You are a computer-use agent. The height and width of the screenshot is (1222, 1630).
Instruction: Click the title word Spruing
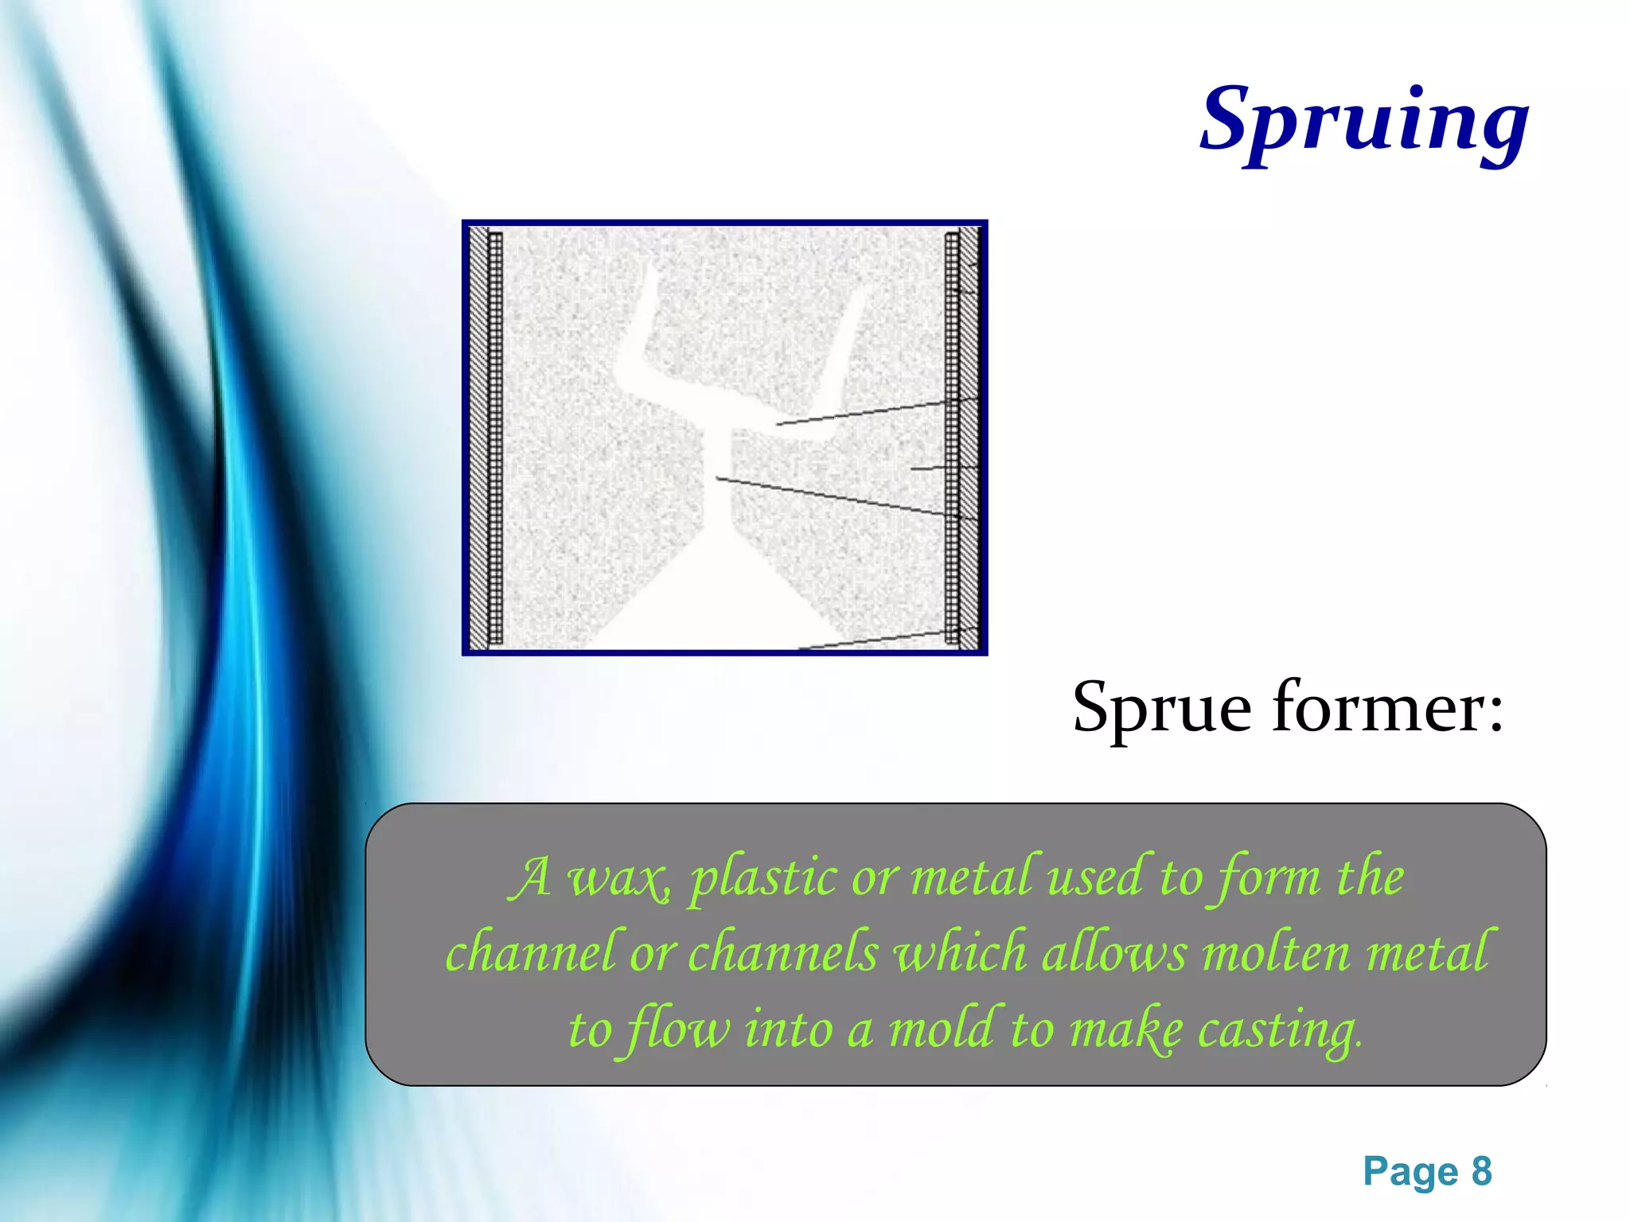coord(1363,121)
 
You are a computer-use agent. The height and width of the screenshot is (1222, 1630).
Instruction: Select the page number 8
coord(1481,1172)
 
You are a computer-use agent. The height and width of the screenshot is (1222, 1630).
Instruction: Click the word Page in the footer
coord(1410,1172)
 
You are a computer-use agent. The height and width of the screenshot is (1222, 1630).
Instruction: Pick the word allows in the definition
coord(1113,952)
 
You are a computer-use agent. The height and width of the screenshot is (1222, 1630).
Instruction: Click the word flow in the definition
coord(677,1029)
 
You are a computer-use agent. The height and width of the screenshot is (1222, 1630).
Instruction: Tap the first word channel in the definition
coord(529,952)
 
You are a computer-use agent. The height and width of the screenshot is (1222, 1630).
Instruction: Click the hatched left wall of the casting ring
coord(485,438)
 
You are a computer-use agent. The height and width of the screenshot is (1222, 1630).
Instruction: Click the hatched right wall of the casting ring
coord(961,438)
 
